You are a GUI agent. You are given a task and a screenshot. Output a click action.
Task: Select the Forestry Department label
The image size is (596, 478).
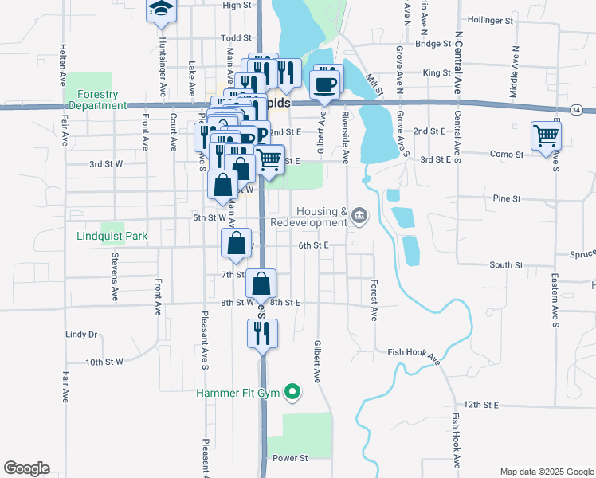point(97,100)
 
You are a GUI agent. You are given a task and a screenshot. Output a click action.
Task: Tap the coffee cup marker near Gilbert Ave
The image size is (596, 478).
point(325,84)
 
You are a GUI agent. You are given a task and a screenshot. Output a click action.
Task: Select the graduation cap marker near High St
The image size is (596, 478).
point(161,10)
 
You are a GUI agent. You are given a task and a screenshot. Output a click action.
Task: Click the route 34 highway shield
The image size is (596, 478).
point(576,108)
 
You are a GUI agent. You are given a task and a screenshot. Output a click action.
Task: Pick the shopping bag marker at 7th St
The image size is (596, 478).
point(261,284)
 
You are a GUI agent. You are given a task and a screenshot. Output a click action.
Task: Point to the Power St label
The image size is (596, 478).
point(290,459)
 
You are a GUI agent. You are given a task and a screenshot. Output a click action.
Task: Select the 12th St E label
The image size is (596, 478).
point(481,405)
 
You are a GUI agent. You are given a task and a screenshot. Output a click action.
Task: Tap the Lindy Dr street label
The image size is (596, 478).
point(81,335)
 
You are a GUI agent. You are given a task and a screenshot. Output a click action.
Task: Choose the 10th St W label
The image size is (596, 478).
point(104,362)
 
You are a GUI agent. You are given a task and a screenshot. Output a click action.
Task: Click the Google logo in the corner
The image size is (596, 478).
point(26,468)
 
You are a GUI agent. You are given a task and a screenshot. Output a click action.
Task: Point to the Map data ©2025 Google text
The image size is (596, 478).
point(546,472)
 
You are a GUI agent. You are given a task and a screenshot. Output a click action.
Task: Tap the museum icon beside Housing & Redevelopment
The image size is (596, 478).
point(359,215)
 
